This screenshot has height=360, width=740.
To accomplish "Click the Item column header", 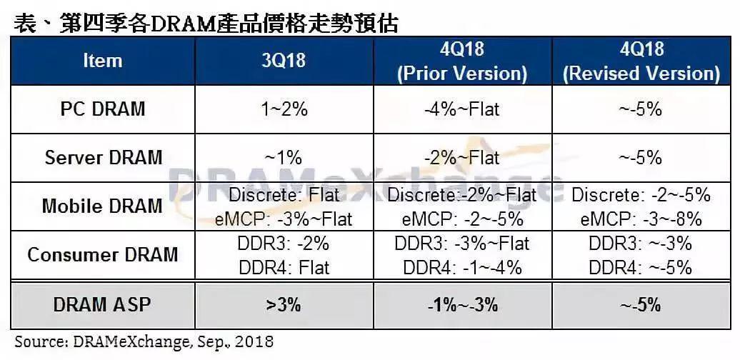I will point(102,61).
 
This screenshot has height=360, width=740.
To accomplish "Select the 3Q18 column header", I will point(284,61).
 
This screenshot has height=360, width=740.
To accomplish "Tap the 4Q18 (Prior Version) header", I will point(462,61).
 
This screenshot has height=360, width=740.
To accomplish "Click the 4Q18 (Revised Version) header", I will point(641,61).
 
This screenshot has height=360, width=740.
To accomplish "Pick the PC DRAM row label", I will point(103,109).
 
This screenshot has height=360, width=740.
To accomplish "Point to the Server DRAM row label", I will point(103,157).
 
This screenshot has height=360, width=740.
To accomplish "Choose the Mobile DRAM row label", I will point(103,206).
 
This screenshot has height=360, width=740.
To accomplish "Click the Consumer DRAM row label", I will point(103,254).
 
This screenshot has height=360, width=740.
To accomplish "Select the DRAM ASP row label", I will point(103,304).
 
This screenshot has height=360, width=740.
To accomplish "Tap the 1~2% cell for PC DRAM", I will point(284,109).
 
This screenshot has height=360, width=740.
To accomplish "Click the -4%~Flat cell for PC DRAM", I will point(462,109).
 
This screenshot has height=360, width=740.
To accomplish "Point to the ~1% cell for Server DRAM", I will point(284,157).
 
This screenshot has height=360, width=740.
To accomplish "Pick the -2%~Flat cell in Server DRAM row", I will point(462,157).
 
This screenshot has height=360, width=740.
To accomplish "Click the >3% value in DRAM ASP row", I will point(284,304).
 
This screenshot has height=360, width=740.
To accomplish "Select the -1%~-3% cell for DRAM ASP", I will point(462,304).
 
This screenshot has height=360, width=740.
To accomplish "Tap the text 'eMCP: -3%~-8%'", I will point(641,217).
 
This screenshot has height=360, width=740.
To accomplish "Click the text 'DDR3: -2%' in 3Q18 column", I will point(284,244).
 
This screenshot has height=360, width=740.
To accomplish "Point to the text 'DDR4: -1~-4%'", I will point(462,267).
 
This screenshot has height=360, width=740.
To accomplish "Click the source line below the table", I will point(144,342).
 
